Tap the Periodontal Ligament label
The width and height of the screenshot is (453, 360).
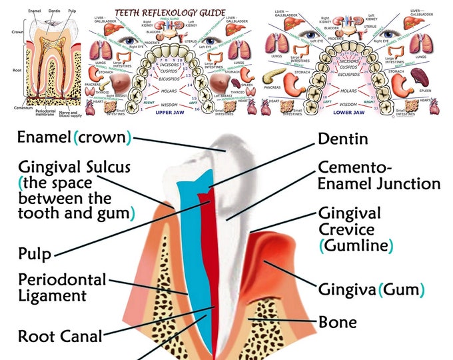tap(62, 287)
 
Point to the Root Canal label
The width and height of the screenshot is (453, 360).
tap(60, 336)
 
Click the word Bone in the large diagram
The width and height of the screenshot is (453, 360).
tap(338, 323)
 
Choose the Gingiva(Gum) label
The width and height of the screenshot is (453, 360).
tap(372, 290)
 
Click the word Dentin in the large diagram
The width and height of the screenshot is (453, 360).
tap(344, 138)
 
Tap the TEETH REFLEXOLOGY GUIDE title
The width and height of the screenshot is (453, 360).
tap(171, 13)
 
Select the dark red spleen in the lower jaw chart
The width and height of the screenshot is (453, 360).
tap(419, 75)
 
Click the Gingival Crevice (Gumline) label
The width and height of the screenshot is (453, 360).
tap(356, 229)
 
